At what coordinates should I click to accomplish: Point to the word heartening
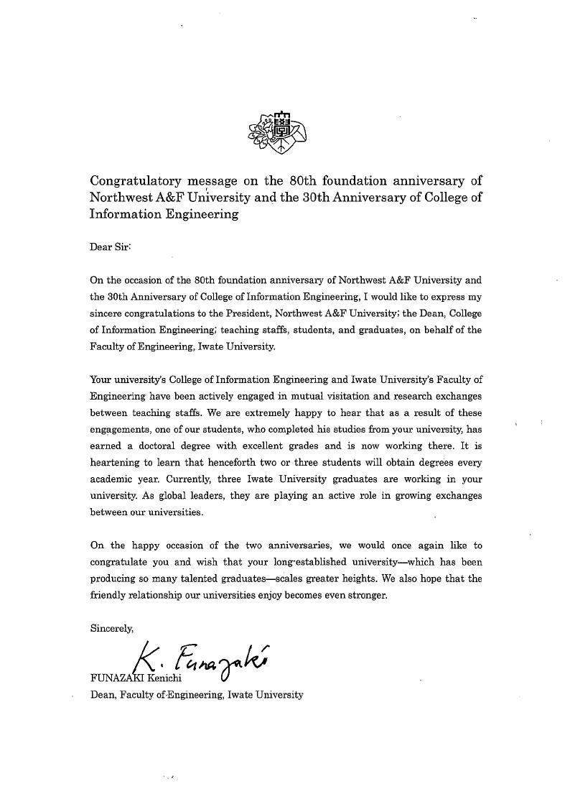point(118,463)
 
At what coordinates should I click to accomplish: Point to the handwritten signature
point(200,660)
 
